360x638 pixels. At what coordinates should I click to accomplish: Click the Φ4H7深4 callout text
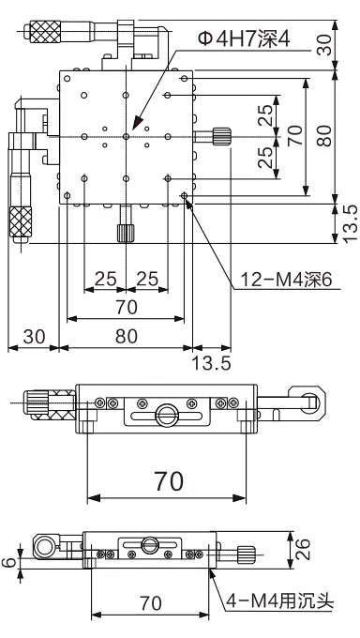244,39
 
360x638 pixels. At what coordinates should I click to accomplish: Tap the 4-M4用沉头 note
280,600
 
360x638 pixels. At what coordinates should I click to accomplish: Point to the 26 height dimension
303,549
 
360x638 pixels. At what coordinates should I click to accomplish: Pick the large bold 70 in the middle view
169,481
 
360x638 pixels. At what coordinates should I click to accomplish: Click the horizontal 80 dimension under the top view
127,337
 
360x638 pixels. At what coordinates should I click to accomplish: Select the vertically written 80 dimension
324,135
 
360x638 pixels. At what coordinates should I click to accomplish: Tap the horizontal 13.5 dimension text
211,362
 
